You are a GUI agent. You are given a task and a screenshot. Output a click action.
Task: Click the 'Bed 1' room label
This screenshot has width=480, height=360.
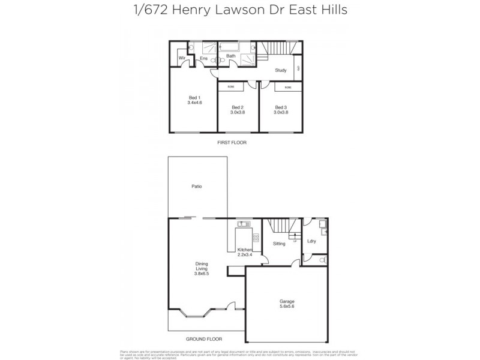194,97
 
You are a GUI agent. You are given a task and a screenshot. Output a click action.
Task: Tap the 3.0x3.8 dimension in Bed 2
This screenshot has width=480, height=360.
238,112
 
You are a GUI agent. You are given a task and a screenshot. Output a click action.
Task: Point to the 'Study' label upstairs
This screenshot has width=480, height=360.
280,70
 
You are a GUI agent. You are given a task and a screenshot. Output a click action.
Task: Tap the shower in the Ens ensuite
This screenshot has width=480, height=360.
208,47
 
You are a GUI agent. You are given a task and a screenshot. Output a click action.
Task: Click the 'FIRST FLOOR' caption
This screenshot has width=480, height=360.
232,143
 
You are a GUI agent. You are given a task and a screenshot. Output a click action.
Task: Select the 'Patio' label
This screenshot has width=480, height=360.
196,187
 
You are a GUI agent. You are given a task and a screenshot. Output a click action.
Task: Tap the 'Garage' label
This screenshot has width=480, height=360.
286,301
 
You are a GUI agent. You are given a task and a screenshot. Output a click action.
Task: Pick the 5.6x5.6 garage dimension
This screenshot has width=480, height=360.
286,307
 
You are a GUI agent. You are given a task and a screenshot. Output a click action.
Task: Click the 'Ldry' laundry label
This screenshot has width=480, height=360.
311,242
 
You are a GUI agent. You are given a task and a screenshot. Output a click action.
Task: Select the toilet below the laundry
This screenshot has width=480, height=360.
322,260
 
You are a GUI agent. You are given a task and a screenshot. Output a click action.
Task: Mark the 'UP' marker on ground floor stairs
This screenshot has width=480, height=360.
295,241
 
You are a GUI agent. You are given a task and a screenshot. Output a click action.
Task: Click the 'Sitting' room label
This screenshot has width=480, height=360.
279,244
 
